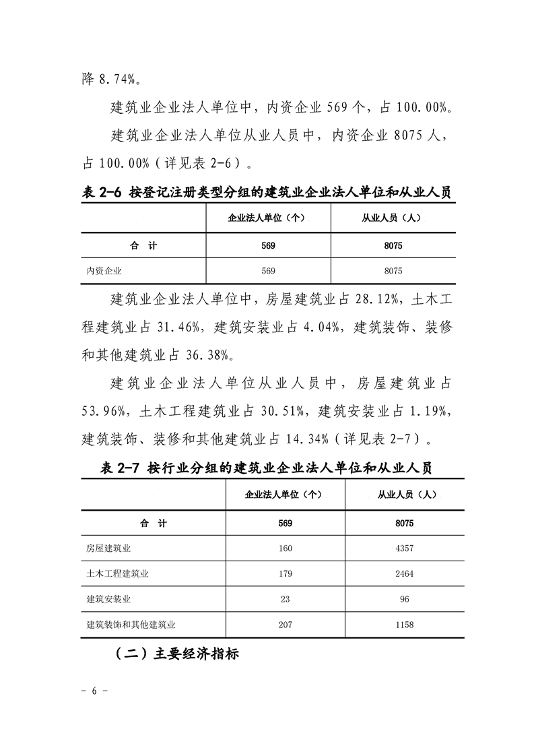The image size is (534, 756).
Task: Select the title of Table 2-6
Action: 266,192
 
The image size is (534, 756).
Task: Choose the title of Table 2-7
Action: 266,468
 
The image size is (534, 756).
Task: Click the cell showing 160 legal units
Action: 285,548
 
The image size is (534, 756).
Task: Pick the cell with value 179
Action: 285,573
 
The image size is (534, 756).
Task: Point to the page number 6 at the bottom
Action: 95,692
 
